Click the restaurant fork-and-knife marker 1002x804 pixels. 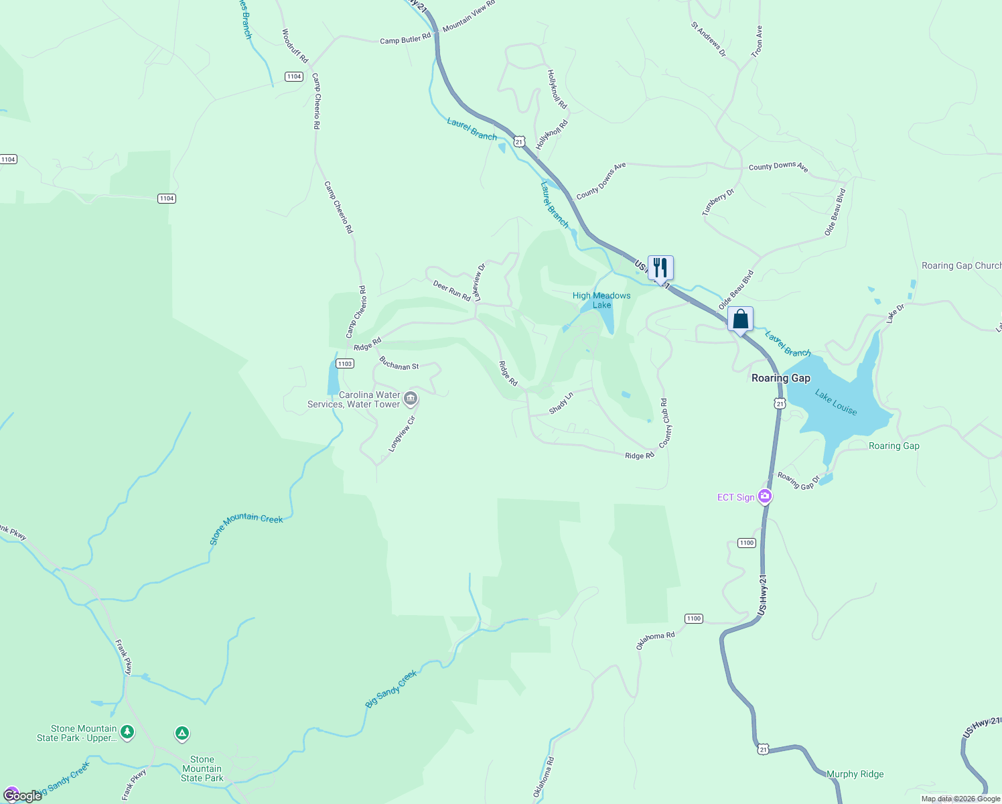tap(660, 268)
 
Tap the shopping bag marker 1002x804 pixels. tap(740, 319)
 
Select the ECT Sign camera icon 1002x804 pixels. tap(765, 496)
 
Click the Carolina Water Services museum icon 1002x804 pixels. tap(411, 399)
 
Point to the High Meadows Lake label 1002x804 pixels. tap(601, 300)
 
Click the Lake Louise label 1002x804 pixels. tap(836, 403)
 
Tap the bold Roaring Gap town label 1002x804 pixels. tap(780, 378)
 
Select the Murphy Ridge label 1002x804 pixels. tap(855, 774)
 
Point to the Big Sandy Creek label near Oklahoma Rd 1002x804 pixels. tap(391, 689)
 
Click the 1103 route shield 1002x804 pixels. tap(344, 364)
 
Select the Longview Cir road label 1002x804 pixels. tap(403, 433)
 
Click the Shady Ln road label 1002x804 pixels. tap(561, 403)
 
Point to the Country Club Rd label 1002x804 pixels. tap(665, 423)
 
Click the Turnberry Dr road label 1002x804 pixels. tap(718, 202)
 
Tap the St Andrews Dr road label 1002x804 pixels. tap(708, 39)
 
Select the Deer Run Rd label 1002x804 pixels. tap(451, 291)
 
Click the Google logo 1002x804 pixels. tap(22, 796)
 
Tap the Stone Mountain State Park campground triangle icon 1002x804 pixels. tap(182, 734)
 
